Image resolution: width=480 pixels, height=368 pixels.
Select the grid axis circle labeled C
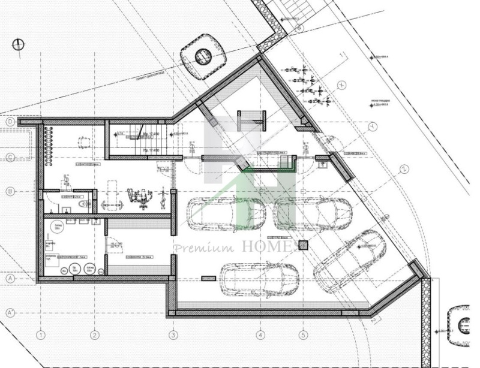(10, 157)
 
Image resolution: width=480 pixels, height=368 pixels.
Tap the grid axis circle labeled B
(10, 191)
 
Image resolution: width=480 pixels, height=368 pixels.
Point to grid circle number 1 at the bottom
(41, 334)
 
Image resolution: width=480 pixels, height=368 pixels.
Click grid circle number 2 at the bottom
(94, 334)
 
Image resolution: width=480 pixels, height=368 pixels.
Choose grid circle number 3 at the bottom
(173, 334)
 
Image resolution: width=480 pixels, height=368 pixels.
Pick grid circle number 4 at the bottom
(260, 334)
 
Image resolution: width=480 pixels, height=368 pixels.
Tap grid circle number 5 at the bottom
(303, 334)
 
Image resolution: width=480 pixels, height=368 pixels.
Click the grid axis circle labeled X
(342, 85)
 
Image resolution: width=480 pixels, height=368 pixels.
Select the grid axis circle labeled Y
(372, 127)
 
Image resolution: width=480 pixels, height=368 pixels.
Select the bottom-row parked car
(259, 277)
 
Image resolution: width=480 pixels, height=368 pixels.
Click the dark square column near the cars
(303, 245)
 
